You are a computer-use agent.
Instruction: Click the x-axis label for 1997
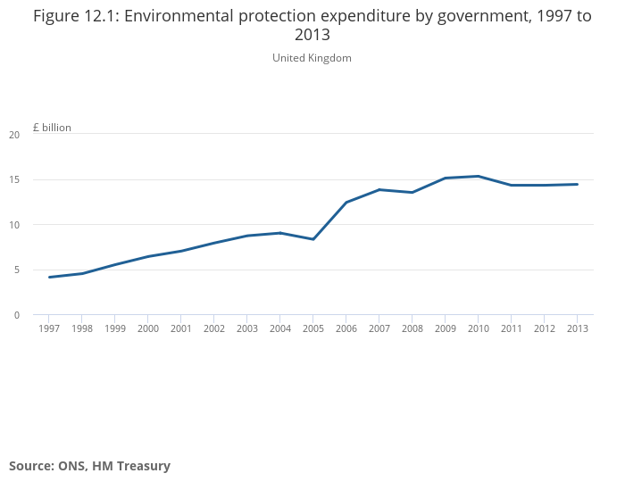coord(49,329)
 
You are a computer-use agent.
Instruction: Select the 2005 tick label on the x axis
coord(313,329)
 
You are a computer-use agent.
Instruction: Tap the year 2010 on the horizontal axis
coord(478,329)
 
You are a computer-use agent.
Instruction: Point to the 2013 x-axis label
coord(577,329)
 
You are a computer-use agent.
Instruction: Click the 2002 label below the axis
coord(214,329)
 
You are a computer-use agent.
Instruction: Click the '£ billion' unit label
coord(52,128)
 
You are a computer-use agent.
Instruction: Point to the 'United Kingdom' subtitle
coord(312,58)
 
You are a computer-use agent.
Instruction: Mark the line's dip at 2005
coord(313,239)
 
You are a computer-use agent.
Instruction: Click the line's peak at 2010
coord(478,176)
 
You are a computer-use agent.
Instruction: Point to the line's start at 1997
coord(49,277)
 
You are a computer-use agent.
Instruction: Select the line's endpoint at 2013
coord(577,184)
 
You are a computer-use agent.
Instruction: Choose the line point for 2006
coord(346,203)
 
